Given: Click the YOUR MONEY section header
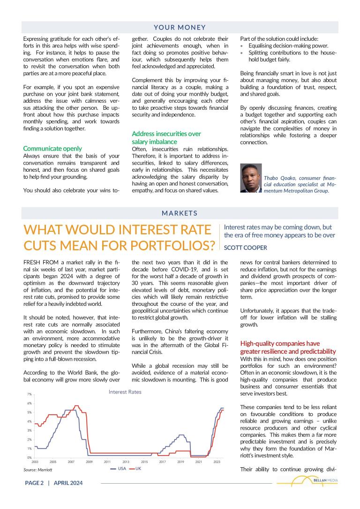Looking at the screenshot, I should coord(180,28).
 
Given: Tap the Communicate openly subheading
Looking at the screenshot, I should coord(52,148).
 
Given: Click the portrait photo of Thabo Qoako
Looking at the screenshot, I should coord(250,178).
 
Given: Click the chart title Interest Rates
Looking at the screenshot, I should coord(125,392).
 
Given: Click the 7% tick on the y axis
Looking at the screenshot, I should coord(29,395).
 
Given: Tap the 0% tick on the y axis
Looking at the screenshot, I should coord(29,457).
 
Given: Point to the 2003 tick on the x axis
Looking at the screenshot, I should coord(35,462).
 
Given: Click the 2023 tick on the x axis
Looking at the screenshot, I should coord(217,462).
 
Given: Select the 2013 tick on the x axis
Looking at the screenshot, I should coord(126,462).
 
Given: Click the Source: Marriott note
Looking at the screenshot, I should coord(38,469).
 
